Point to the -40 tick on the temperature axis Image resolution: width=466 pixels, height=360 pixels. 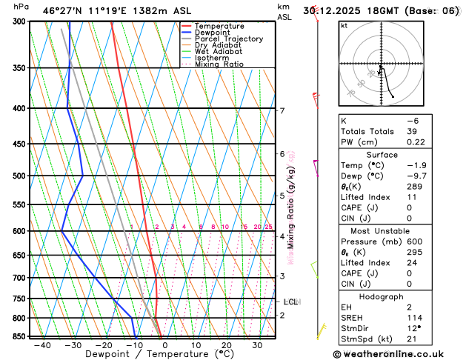(x=42, y=345)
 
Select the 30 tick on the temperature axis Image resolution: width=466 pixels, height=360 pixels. (x=257, y=345)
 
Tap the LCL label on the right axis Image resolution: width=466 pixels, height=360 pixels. (x=290, y=301)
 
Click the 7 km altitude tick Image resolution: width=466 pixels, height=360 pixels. (x=282, y=111)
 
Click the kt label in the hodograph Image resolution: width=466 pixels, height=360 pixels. (x=344, y=26)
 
